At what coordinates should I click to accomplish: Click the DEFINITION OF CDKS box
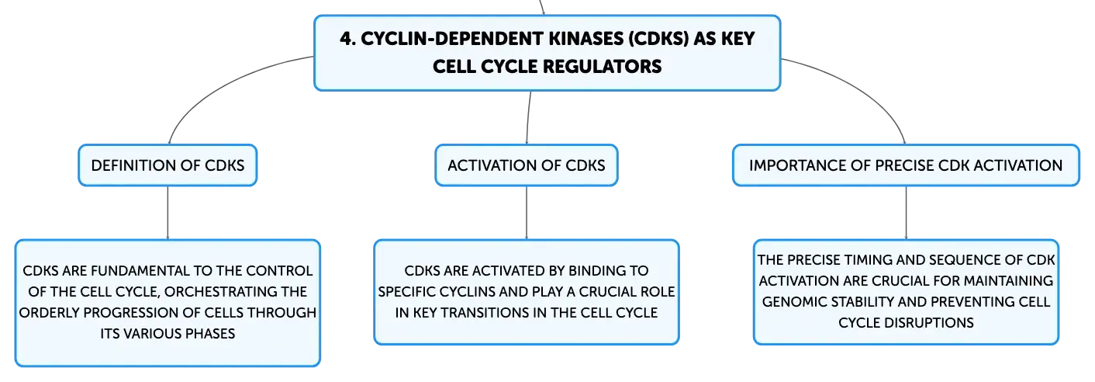168,165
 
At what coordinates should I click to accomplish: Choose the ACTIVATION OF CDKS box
527,165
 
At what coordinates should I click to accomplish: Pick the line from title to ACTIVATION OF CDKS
528,117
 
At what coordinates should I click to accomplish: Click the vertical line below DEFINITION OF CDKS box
168,213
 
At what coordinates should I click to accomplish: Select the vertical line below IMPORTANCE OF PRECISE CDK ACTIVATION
906,213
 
